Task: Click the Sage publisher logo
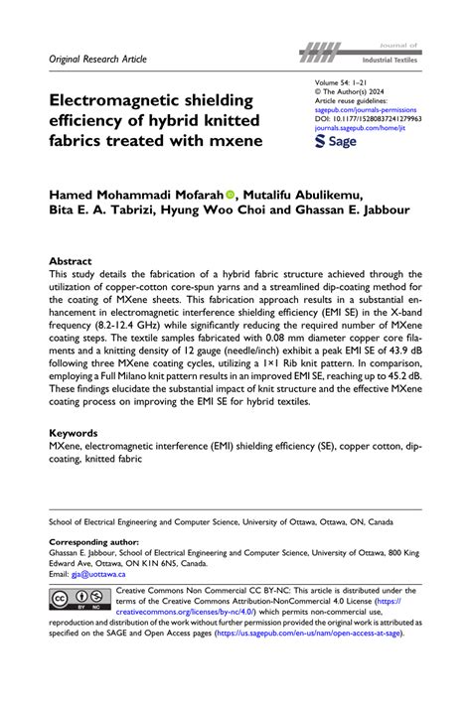click(x=336, y=142)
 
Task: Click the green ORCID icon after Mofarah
click(x=257, y=196)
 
